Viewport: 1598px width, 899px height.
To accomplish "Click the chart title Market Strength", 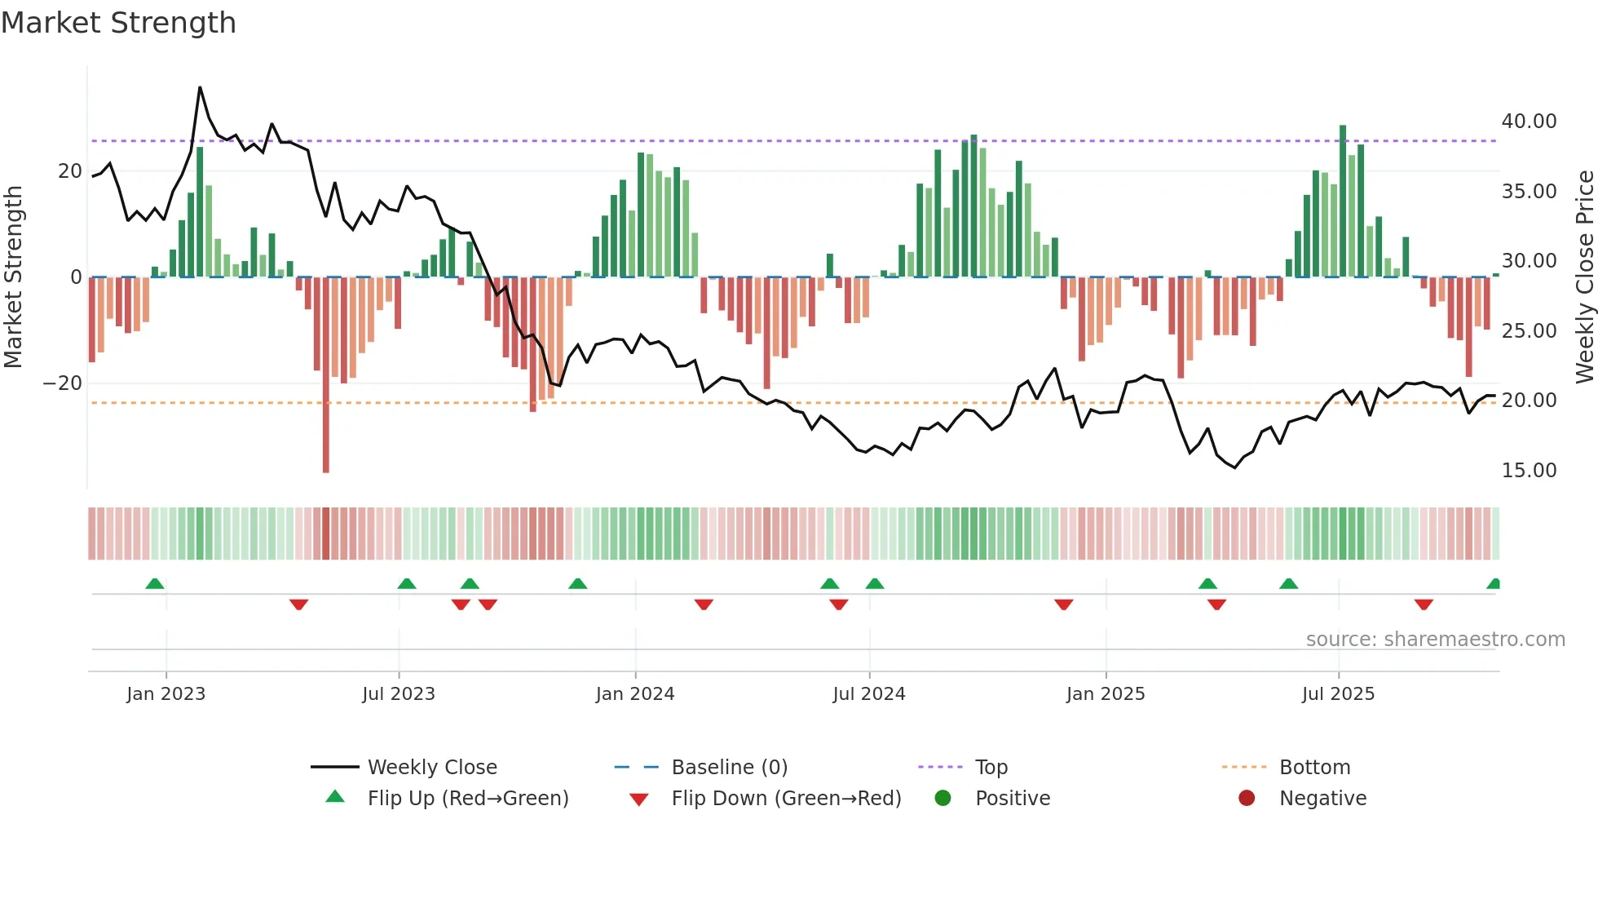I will [118, 23].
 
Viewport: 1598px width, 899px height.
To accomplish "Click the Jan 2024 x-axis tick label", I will [635, 694].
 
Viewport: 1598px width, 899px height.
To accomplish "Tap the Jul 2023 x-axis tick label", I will [399, 694].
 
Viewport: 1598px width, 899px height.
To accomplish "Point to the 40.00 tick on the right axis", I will [1529, 122].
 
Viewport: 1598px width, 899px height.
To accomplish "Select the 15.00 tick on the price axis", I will [1529, 471].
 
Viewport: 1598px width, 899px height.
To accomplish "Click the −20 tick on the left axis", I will [63, 383].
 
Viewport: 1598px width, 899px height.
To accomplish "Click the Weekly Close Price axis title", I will [1584, 277].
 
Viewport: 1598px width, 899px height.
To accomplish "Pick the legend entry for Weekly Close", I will [431, 768].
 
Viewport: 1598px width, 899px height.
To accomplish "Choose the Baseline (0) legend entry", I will [729, 768].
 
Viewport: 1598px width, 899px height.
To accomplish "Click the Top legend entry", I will [991, 768].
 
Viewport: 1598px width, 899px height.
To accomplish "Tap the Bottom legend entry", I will [1314, 768].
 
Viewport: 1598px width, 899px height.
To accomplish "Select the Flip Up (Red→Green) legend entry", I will [467, 799].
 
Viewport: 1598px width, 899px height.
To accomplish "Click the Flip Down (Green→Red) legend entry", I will [786, 799].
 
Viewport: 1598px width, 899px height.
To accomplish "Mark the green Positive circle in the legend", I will [943, 799].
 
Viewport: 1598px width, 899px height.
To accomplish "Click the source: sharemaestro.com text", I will [1435, 640].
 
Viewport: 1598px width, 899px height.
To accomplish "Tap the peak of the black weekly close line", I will [200, 87].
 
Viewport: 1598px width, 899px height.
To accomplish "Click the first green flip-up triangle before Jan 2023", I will [155, 583].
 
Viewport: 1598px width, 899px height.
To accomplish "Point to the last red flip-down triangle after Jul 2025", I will [1424, 604].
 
